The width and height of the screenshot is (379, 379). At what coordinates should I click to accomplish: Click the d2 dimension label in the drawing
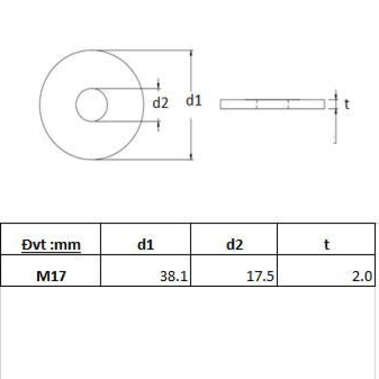pyautogui.click(x=161, y=103)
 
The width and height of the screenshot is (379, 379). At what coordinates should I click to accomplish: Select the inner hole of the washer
pyautogui.click(x=92, y=105)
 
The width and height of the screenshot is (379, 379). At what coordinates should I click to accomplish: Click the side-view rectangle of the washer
pyautogui.click(x=272, y=104)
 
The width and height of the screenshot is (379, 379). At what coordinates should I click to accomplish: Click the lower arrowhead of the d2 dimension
pyautogui.click(x=159, y=123)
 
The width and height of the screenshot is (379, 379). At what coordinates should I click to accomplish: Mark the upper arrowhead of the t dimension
pyautogui.click(x=335, y=97)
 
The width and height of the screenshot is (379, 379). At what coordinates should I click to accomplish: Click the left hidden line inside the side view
pyautogui.click(x=258, y=104)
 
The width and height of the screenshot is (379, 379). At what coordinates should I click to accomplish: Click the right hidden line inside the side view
pyautogui.click(x=288, y=104)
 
